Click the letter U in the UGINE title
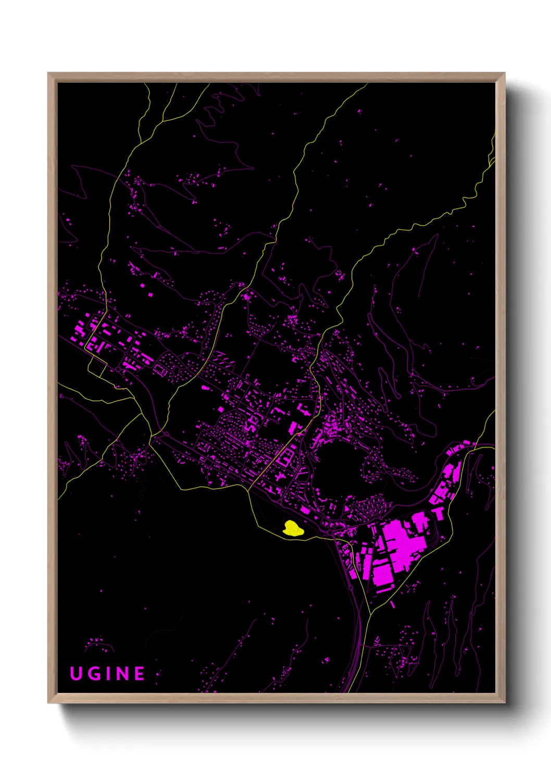click(76, 674)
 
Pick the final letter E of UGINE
click(140, 674)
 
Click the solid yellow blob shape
click(293, 529)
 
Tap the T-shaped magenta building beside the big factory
click(439, 513)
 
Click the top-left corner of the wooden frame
click(48, 73)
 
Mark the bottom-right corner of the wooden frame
click(504, 702)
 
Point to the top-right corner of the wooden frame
click(504, 73)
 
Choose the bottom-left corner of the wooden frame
click(48, 702)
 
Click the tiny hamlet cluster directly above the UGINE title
click(99, 645)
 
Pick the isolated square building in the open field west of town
click(151, 295)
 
